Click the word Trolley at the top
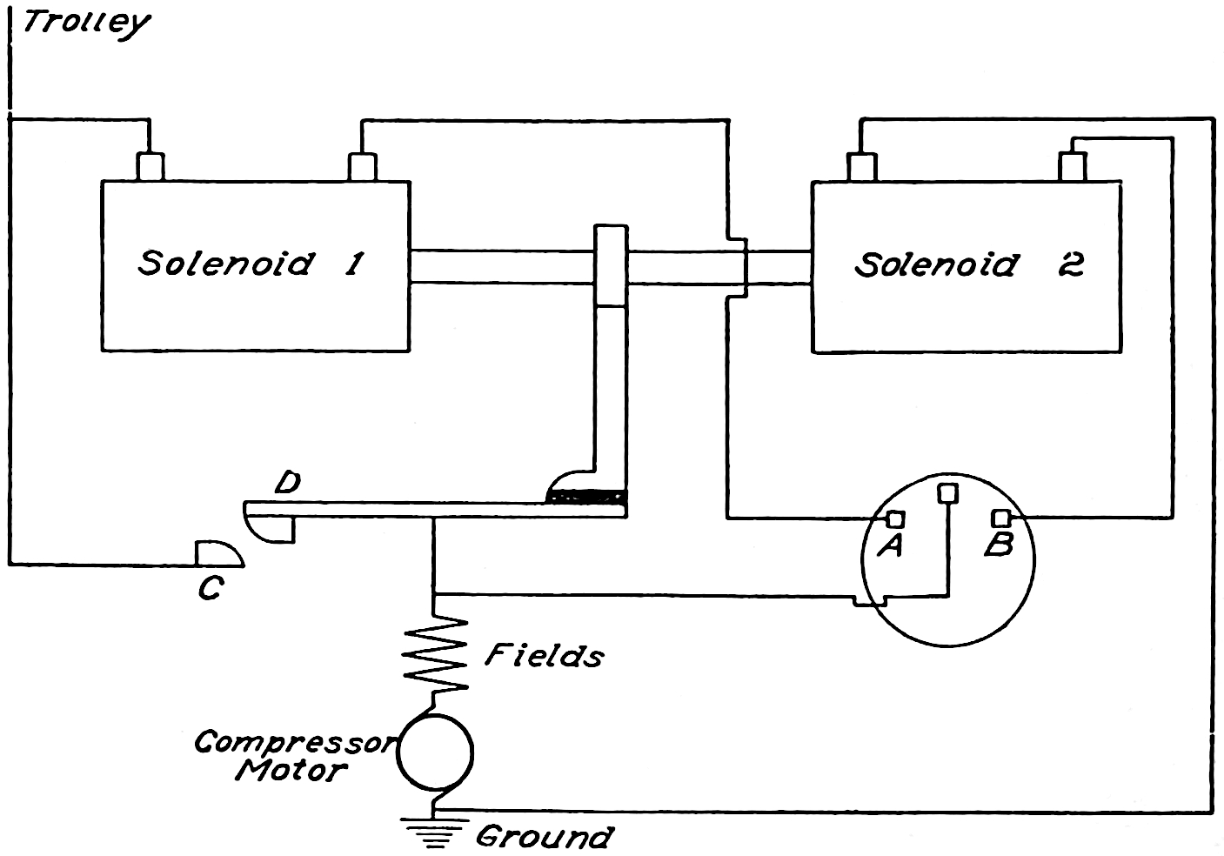point(84,23)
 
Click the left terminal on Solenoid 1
point(150,167)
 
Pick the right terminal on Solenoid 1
point(362,167)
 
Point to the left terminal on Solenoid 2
point(860,167)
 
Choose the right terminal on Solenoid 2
point(1073,166)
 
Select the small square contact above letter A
point(894,519)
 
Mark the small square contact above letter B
point(1001,518)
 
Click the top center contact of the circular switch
point(947,492)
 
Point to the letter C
point(208,590)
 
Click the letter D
point(287,483)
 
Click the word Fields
point(544,655)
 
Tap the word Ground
point(544,837)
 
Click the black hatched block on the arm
point(585,497)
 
